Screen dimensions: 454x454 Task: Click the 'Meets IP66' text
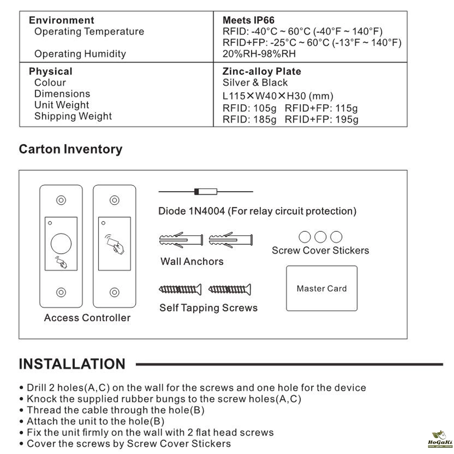(248, 20)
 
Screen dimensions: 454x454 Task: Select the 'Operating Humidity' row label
(80, 54)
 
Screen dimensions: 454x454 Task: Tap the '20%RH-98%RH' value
(259, 54)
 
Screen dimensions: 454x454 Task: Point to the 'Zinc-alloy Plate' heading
(262, 72)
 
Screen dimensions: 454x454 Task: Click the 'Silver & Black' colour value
(255, 83)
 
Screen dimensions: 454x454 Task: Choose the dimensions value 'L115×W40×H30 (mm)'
(278, 96)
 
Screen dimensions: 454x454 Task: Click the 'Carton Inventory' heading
(70, 149)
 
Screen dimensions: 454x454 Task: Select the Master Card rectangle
(321, 288)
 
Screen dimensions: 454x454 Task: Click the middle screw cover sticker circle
(321, 237)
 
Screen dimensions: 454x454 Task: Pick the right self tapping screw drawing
(230, 289)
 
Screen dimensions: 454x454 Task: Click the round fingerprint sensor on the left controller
(61, 243)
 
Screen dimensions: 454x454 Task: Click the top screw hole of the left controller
(61, 200)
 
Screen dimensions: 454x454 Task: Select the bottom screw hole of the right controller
(114, 291)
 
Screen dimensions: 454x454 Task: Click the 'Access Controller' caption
(87, 318)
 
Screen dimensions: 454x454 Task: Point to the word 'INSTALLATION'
(72, 364)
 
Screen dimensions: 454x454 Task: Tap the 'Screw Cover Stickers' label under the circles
(320, 250)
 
